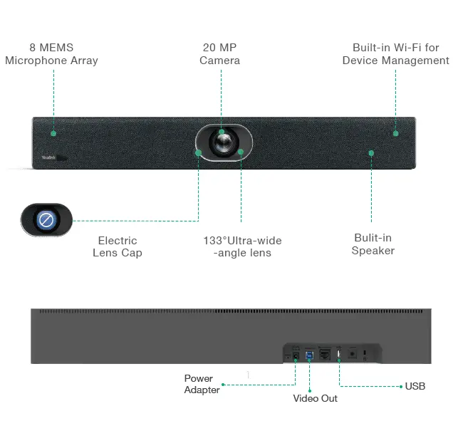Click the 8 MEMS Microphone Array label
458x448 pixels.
tap(51, 54)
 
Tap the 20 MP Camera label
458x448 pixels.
tap(219, 54)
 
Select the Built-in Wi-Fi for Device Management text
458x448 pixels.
tap(395, 54)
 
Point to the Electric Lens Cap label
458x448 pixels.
tap(118, 246)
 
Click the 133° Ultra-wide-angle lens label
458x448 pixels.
tap(242, 246)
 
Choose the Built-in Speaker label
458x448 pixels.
tap(373, 244)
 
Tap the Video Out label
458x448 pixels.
tap(315, 398)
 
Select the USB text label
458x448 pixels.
tap(415, 386)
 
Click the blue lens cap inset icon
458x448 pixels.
tap(46, 220)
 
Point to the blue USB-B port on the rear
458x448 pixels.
tap(309, 354)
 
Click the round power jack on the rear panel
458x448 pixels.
tap(295, 354)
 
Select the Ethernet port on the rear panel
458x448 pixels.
tap(325, 354)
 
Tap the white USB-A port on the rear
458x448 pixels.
tap(339, 353)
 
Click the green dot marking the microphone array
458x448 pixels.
tap(53, 132)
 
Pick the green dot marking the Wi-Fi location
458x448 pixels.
tap(396, 132)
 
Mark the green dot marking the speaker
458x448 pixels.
tap(370, 152)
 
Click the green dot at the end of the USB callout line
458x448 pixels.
tap(401, 386)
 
